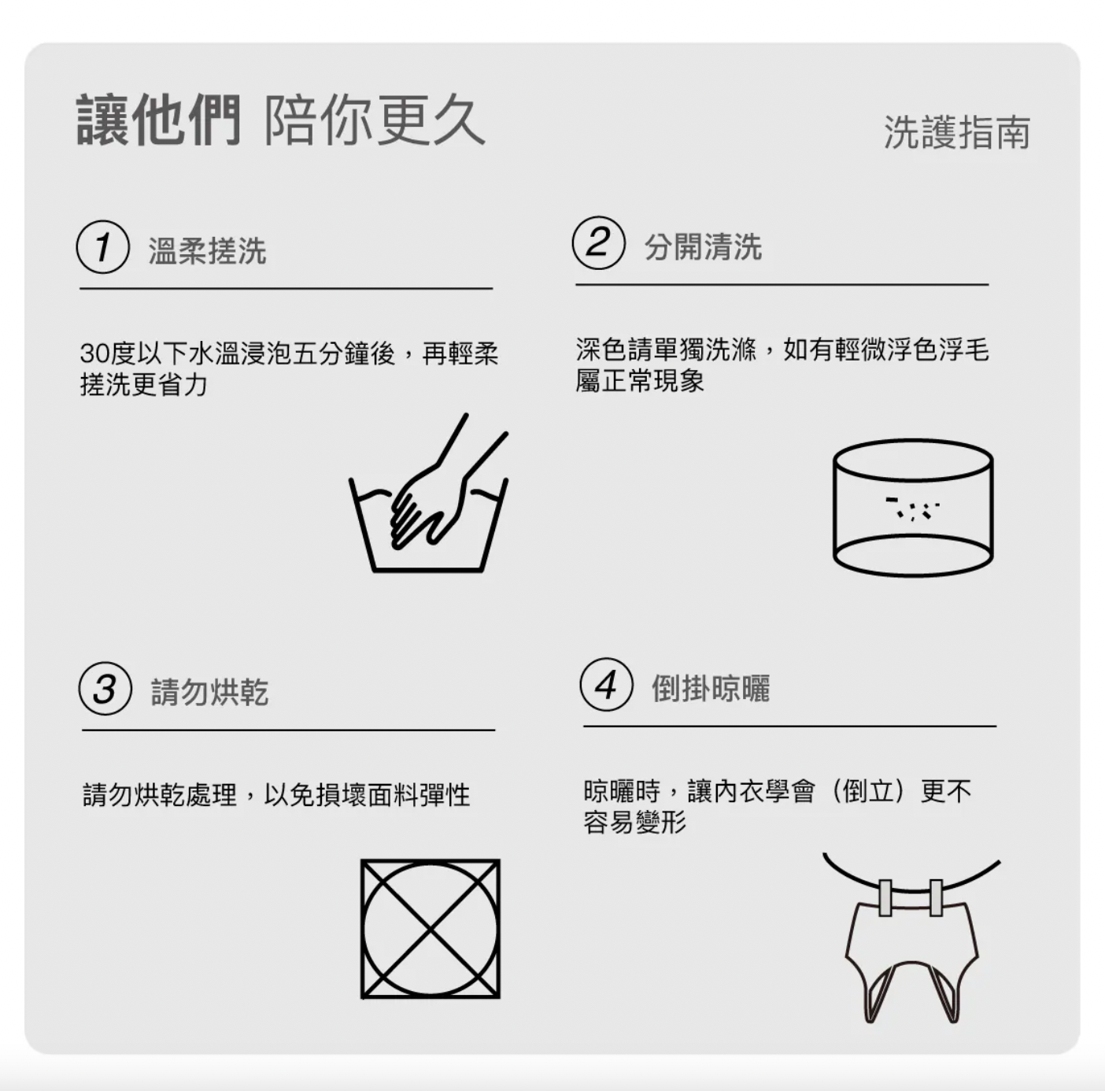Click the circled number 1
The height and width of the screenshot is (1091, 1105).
103,246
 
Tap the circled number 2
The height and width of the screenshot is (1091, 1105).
599,242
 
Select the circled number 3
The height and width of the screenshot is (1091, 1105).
105,688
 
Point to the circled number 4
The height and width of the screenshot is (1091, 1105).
607,684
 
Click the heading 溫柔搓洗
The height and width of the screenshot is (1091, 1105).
208,250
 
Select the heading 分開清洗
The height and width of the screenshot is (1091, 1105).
703,246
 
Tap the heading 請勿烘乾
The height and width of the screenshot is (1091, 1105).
210,692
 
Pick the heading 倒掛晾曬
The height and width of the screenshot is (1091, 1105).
711,688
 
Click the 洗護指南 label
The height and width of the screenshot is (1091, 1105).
957,132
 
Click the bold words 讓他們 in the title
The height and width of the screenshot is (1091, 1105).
159,120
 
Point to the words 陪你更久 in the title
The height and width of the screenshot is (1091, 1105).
375,120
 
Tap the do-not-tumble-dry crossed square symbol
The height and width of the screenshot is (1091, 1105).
430,929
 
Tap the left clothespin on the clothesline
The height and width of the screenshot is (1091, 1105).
885,897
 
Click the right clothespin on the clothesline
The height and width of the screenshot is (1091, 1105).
937,897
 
